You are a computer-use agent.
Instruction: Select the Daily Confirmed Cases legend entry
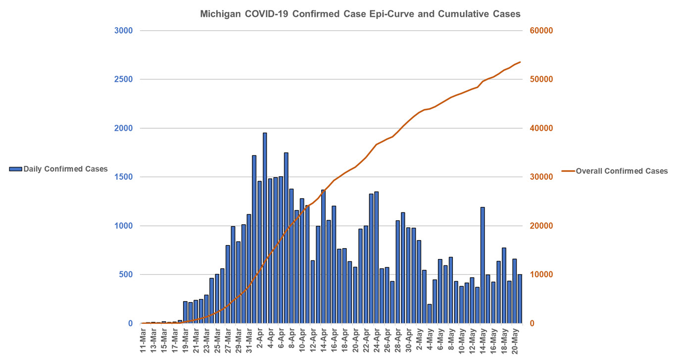pos(58,169)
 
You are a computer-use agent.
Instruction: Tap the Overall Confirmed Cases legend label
pos(622,171)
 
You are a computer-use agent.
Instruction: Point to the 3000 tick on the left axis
pos(124,31)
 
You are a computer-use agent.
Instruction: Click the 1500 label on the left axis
pos(124,177)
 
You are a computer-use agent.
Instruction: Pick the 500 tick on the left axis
pos(126,275)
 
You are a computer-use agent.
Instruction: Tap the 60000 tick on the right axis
pos(541,31)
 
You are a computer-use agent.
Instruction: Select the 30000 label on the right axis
pos(541,177)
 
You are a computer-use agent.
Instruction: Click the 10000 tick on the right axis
pos(541,275)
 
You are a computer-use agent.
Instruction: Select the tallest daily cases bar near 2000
pos(265,228)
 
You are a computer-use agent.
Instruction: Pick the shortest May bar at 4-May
pos(430,313)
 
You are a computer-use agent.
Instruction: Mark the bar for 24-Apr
pos(377,257)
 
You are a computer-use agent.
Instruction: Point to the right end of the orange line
pos(520,62)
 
